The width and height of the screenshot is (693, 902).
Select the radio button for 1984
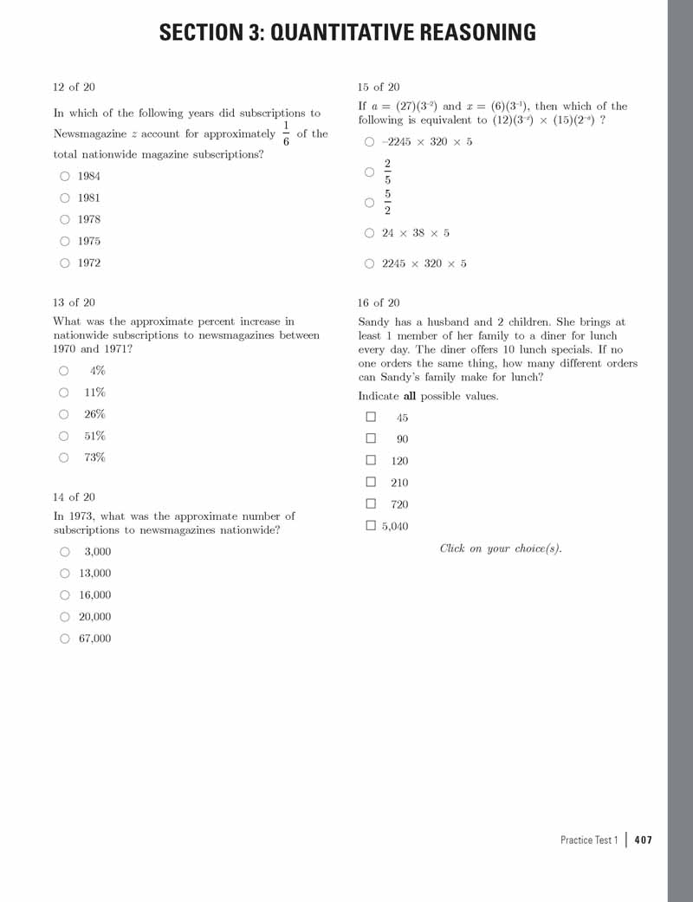(x=65, y=176)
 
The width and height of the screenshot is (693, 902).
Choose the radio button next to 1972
(x=65, y=263)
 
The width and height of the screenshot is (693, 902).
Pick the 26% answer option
(x=65, y=414)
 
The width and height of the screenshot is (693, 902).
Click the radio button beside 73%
(x=65, y=457)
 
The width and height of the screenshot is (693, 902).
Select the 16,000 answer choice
(x=65, y=595)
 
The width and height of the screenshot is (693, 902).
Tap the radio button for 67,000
(x=65, y=639)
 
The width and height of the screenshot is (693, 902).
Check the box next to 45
(x=371, y=417)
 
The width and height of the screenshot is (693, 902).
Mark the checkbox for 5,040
(x=371, y=525)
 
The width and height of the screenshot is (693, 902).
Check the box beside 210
(x=371, y=482)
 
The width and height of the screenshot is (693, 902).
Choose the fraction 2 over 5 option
(x=370, y=172)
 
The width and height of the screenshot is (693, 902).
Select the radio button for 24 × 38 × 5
(x=370, y=233)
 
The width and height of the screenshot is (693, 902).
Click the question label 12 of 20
(x=74, y=87)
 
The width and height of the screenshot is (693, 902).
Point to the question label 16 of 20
(x=379, y=302)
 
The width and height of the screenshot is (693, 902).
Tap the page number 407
(x=643, y=840)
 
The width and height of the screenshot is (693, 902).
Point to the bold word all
(x=410, y=396)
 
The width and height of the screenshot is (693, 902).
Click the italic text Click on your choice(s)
(x=501, y=548)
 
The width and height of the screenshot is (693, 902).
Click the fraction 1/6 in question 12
(x=286, y=133)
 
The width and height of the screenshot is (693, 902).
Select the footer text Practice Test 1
(x=589, y=840)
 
